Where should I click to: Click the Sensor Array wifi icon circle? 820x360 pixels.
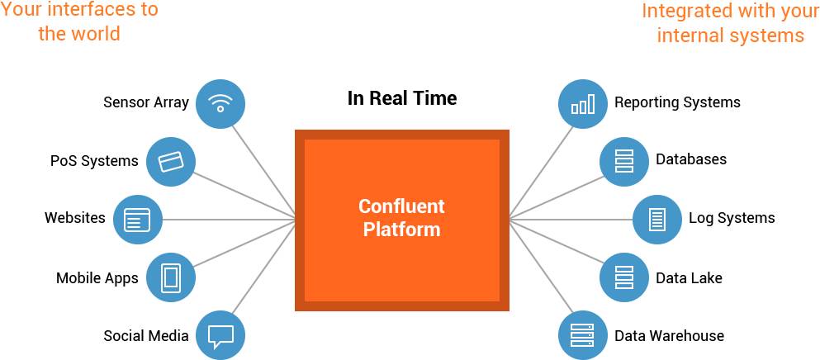(x=220, y=103)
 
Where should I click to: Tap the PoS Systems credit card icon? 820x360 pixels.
(x=171, y=161)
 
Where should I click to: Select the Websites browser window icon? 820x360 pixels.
(x=137, y=220)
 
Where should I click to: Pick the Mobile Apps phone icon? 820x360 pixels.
(x=171, y=277)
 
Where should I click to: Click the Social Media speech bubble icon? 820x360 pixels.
(x=220, y=335)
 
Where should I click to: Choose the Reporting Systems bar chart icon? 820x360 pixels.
(x=583, y=103)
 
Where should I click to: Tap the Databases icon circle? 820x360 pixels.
(x=624, y=161)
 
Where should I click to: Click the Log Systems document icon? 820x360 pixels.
(x=657, y=220)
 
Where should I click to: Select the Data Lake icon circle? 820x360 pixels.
(x=624, y=277)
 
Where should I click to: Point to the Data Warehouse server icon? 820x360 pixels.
(x=583, y=335)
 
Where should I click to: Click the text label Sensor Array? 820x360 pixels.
(x=146, y=103)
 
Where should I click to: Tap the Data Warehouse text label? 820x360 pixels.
(x=669, y=336)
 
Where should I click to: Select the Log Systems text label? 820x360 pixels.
(x=732, y=219)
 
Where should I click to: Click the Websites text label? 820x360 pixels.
(x=75, y=219)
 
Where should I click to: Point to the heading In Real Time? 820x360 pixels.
(x=401, y=99)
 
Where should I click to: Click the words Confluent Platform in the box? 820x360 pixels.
(x=401, y=218)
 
